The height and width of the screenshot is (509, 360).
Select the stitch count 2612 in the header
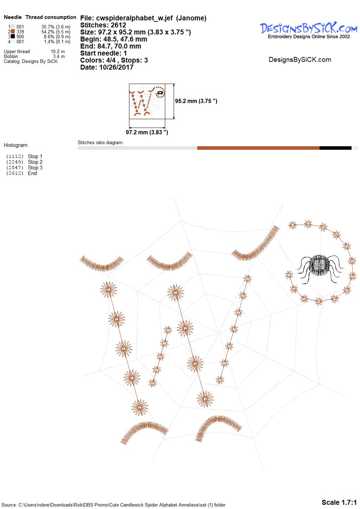[118, 25]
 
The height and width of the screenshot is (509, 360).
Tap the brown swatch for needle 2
[13, 32]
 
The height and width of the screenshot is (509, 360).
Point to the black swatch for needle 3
[13, 36]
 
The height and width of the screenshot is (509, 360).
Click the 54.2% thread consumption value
[48, 32]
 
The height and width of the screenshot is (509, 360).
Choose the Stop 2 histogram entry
[35, 162]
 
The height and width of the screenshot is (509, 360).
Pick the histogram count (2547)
[15, 168]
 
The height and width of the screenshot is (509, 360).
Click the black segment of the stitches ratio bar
[335, 148]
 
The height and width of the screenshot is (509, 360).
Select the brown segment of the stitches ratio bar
[258, 148]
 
